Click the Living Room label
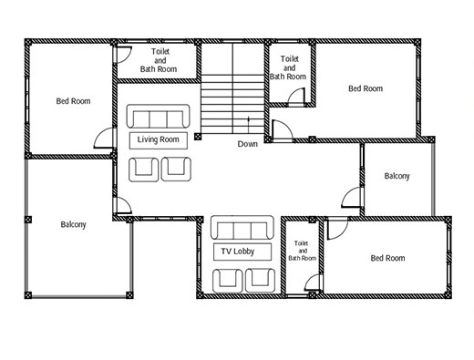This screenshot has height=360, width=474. click(158, 139)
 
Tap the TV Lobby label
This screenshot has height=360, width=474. click(238, 252)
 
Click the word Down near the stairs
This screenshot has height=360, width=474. click(248, 144)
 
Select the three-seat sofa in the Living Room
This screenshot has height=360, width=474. click(159, 116)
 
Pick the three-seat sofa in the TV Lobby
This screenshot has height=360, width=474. click(242, 228)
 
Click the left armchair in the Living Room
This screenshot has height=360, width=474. click(143, 170)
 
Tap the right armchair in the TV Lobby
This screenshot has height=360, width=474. click(260, 281)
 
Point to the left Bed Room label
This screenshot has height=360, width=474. click(73, 101)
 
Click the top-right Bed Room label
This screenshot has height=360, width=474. click(366, 88)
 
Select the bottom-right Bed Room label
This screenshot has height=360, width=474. click(387, 258)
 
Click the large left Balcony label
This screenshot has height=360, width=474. click(73, 224)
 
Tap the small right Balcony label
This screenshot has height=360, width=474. click(397, 176)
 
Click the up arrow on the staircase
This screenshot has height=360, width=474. click(249, 125)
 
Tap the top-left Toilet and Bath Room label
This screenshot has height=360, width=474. click(159, 60)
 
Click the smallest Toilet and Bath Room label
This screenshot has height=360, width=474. click(303, 251)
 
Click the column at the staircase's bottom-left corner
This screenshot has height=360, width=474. click(198, 137)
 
